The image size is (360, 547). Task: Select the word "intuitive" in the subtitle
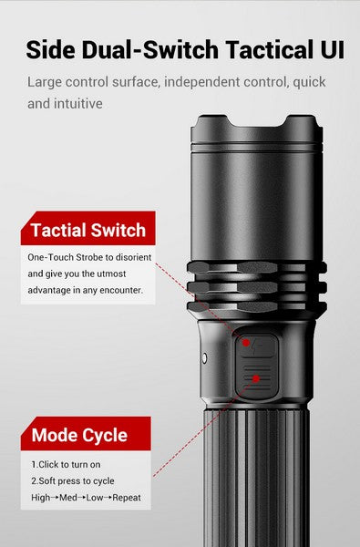coord(77,103)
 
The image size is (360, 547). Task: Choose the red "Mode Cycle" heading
coord(79,435)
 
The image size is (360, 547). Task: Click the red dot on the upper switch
coord(245,344)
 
